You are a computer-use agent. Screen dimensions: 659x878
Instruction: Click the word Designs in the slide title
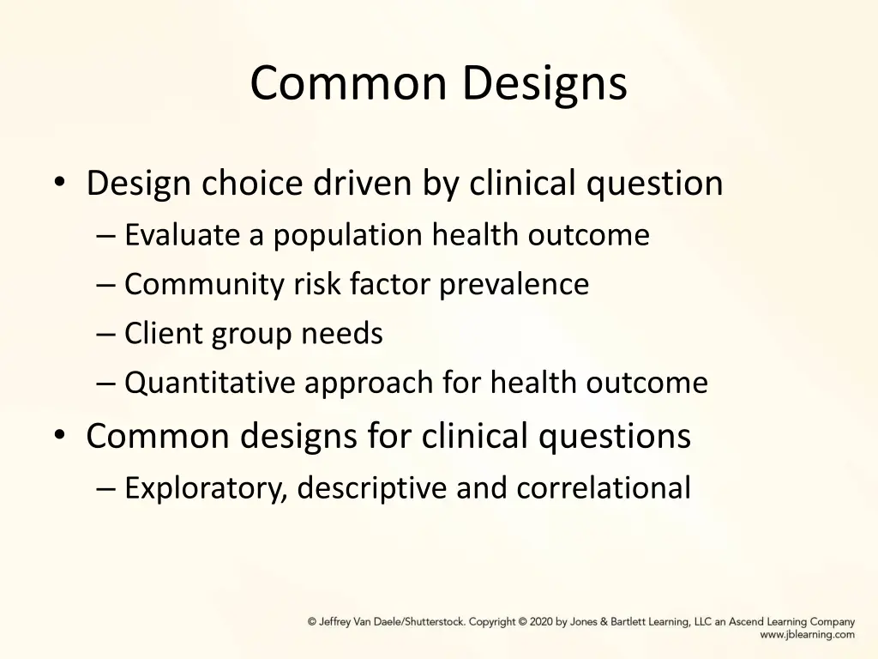pos(544,84)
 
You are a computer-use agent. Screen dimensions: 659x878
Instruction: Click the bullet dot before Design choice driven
pos(58,182)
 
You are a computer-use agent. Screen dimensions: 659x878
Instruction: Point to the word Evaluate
pos(183,234)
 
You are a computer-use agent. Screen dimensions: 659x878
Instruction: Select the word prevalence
pos(514,284)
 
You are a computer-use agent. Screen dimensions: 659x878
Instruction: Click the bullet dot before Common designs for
pos(58,435)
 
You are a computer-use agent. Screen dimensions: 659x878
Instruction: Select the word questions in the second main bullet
pos(614,437)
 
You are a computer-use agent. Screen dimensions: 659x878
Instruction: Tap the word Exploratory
pos(206,488)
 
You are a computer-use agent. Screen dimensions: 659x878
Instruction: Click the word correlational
pos(603,487)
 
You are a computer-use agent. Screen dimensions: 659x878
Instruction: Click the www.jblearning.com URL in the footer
pos(807,635)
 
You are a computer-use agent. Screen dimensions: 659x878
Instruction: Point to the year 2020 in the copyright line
pos(541,622)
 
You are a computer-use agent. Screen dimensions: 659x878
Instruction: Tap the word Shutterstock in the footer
pos(433,622)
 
